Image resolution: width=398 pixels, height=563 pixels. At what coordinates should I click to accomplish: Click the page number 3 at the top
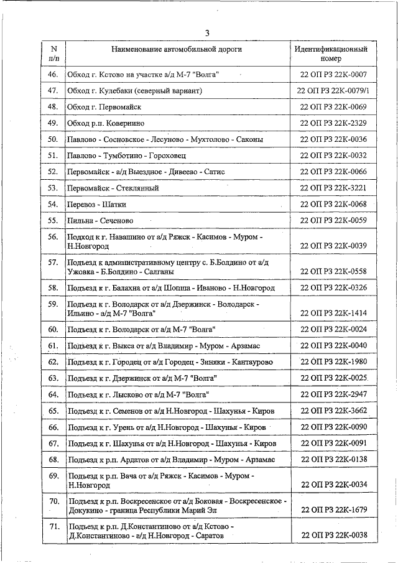pyautogui.click(x=207, y=33)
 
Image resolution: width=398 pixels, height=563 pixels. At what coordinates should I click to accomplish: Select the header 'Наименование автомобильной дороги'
pyautogui.click(x=176, y=49)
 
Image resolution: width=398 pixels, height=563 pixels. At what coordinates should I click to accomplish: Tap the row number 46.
pyautogui.click(x=53, y=75)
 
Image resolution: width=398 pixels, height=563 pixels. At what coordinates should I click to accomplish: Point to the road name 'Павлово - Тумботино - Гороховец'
pyautogui.click(x=126, y=156)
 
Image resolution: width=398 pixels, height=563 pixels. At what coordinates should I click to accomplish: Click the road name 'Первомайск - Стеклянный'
pyautogui.click(x=113, y=188)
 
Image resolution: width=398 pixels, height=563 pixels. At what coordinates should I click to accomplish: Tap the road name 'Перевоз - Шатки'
pyautogui.click(x=96, y=204)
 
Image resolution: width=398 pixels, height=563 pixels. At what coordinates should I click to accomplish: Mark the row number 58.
pyautogui.click(x=53, y=288)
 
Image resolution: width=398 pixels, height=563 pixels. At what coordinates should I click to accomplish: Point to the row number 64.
pyautogui.click(x=53, y=394)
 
